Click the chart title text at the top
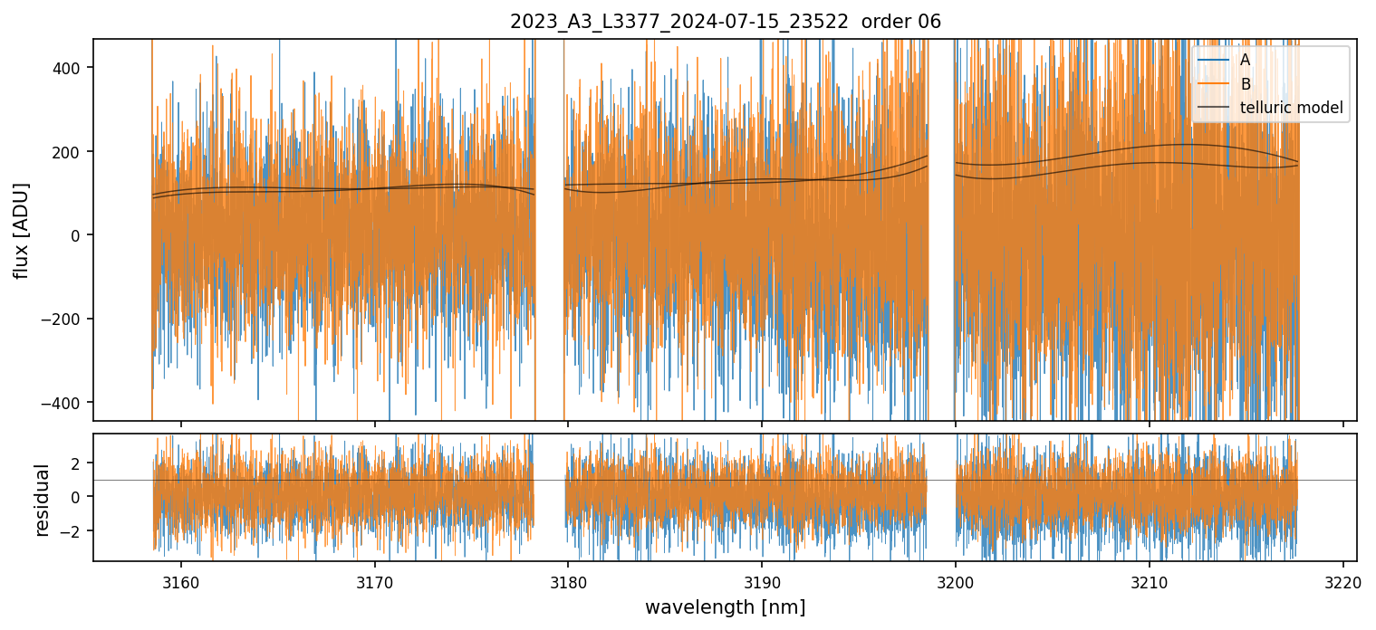726,22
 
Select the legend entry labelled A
1245,60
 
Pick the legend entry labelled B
1245,84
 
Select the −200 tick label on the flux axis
64,319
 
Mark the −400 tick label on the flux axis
64,403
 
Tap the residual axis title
42,499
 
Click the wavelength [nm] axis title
725,606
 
